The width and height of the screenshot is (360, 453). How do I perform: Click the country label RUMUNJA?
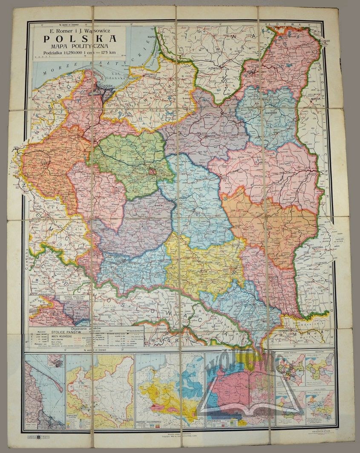coord(301,333)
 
